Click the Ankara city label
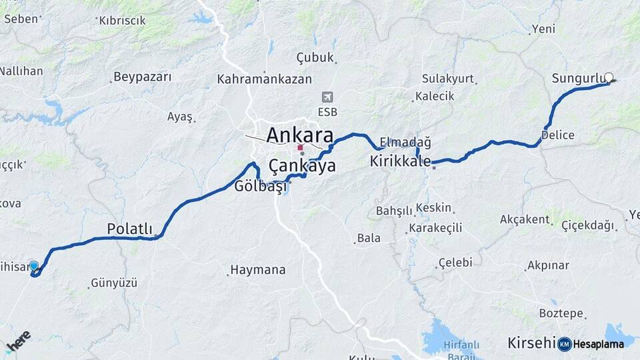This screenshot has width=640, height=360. pos(299,135)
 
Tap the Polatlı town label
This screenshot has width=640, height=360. pos(130,229)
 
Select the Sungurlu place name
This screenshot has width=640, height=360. pos(577,79)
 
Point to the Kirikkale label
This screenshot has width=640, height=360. pos(401,161)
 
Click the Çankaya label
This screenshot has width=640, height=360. pos(302,166)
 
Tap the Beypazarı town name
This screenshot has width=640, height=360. pos(142,77)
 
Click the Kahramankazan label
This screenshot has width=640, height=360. pos(264,79)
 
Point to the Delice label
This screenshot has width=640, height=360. pos(557,135)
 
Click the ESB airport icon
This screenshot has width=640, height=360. pos(327,97)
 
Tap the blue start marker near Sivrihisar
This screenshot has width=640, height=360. pos(34,266)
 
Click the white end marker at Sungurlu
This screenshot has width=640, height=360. pos(608,77)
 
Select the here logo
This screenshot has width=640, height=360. pos(18,341)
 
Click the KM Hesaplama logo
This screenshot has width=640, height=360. pos(591,344)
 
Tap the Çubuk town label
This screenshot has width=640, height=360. pos(315,58)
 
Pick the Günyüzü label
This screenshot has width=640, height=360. pos(113,283)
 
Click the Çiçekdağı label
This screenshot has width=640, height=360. pos(587,225)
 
